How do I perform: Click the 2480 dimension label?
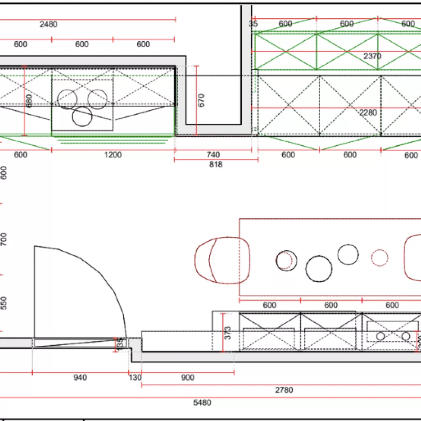click(x=49, y=24)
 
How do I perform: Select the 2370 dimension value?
click(x=372, y=56)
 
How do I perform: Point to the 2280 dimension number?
click(x=368, y=113)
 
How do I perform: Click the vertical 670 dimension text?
click(x=201, y=100)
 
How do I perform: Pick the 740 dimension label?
click(x=213, y=155)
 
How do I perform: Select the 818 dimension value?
click(x=215, y=164)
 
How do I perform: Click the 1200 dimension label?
click(x=113, y=155)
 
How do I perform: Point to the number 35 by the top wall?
click(x=253, y=24)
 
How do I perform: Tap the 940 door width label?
click(x=80, y=377)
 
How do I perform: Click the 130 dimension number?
click(x=135, y=377)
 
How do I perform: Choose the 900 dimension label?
click(x=187, y=377)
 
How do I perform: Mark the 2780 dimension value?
click(x=284, y=390)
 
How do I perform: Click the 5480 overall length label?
click(x=202, y=402)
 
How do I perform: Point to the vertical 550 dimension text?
click(x=4, y=303)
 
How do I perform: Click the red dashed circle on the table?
click(x=379, y=258)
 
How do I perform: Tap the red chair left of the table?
click(x=217, y=260)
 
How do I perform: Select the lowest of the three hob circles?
click(x=82, y=116)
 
